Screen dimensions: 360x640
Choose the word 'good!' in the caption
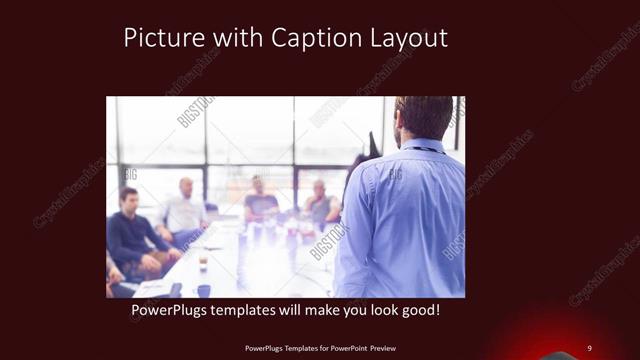click(418, 311)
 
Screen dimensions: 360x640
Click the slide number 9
click(589, 347)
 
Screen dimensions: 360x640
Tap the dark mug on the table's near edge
click(204, 290)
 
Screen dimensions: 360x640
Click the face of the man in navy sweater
click(128, 199)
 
